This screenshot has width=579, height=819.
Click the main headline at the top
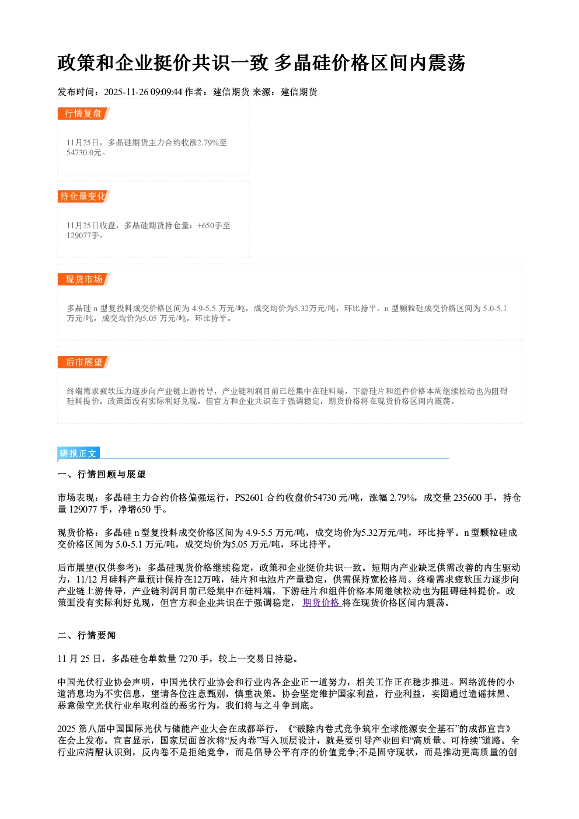(x=261, y=62)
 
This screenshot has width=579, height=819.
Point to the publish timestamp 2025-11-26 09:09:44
(x=143, y=92)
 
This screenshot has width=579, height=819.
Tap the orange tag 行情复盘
(x=83, y=113)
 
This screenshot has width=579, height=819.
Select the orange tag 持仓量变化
(x=83, y=196)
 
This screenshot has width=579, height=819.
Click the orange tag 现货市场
(x=83, y=280)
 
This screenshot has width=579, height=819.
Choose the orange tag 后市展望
(x=83, y=363)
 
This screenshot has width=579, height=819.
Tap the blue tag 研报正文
(x=78, y=454)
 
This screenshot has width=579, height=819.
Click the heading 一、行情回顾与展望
(x=102, y=475)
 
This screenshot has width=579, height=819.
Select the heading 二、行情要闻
(x=86, y=636)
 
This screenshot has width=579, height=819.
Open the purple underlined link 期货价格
(x=322, y=602)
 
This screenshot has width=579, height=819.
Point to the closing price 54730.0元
(x=83, y=153)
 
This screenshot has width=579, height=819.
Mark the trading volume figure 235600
(x=467, y=497)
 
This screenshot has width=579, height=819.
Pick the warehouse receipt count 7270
(x=189, y=659)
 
